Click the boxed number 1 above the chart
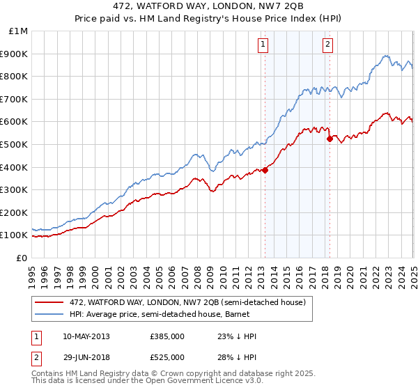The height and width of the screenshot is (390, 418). [263, 45]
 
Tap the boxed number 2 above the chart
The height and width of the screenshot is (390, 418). [327, 45]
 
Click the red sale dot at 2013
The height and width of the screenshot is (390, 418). [265, 170]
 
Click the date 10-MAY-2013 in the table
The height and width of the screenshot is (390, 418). [86, 336]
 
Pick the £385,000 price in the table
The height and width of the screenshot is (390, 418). [167, 336]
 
